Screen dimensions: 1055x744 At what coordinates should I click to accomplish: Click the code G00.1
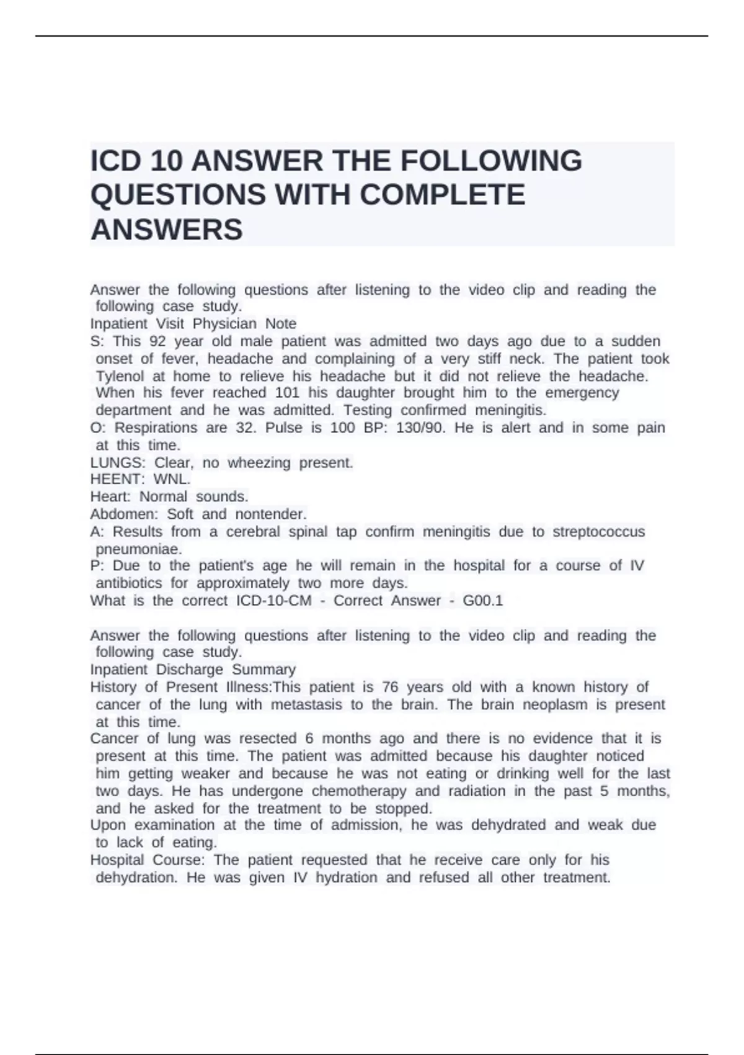pos(482,601)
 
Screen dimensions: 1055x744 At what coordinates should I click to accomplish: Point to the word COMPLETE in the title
pos(442,195)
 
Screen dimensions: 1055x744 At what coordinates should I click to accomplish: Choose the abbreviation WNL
pos(172,480)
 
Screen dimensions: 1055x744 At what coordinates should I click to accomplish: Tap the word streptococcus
pos(598,532)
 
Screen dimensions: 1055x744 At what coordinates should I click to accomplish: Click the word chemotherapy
pos(359,791)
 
